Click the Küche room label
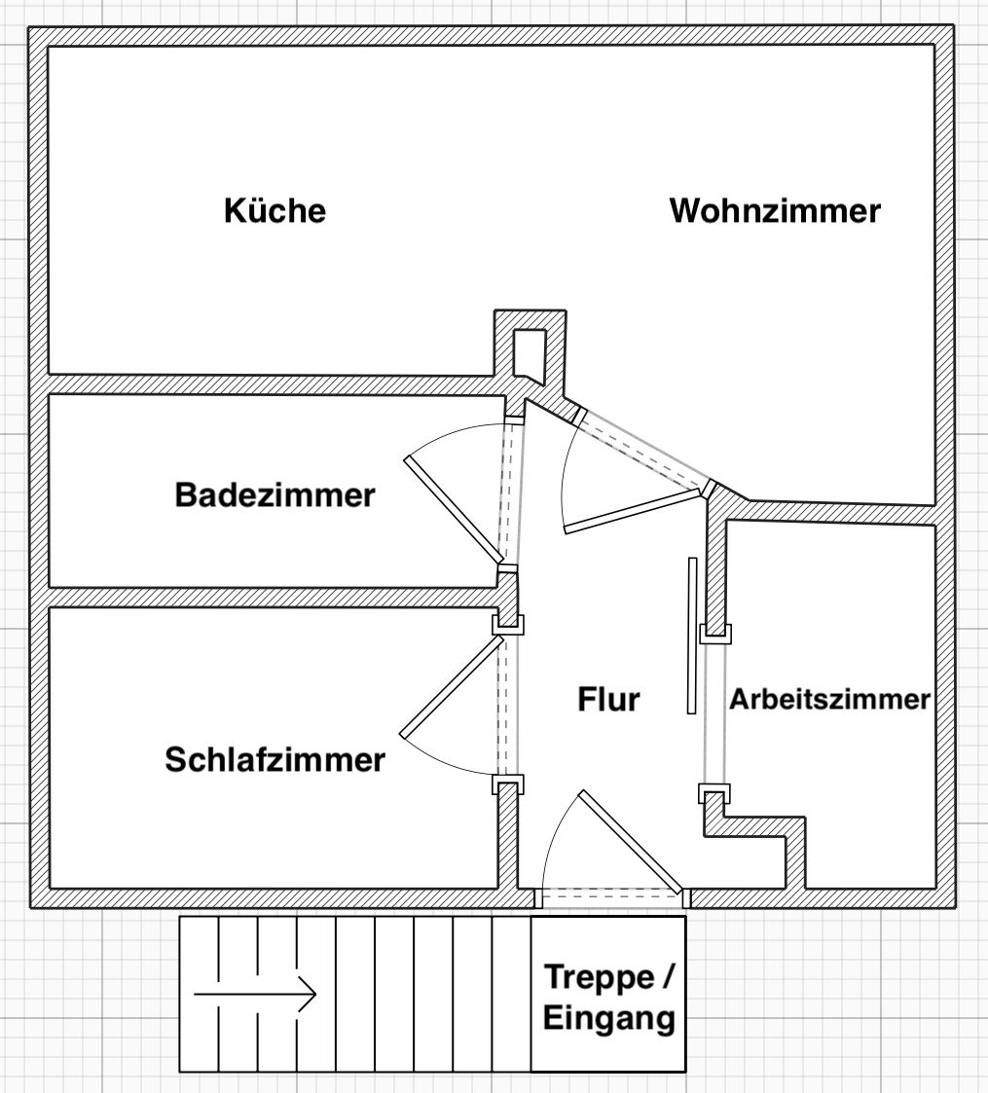pyautogui.click(x=274, y=210)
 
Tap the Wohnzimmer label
pyautogui.click(x=775, y=210)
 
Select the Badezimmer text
pyautogui.click(x=274, y=495)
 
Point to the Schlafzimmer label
pyautogui.click(x=274, y=759)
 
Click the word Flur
pyautogui.click(x=608, y=699)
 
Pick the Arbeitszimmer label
pyautogui.click(x=829, y=699)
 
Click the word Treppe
pyautogui.click(x=599, y=978)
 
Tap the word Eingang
pyautogui.click(x=609, y=1018)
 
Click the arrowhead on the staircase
pyautogui.click(x=308, y=994)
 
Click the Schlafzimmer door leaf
pyautogui.click(x=452, y=685)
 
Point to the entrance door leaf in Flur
pyautogui.click(x=631, y=841)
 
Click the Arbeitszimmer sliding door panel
pyautogui.click(x=692, y=636)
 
